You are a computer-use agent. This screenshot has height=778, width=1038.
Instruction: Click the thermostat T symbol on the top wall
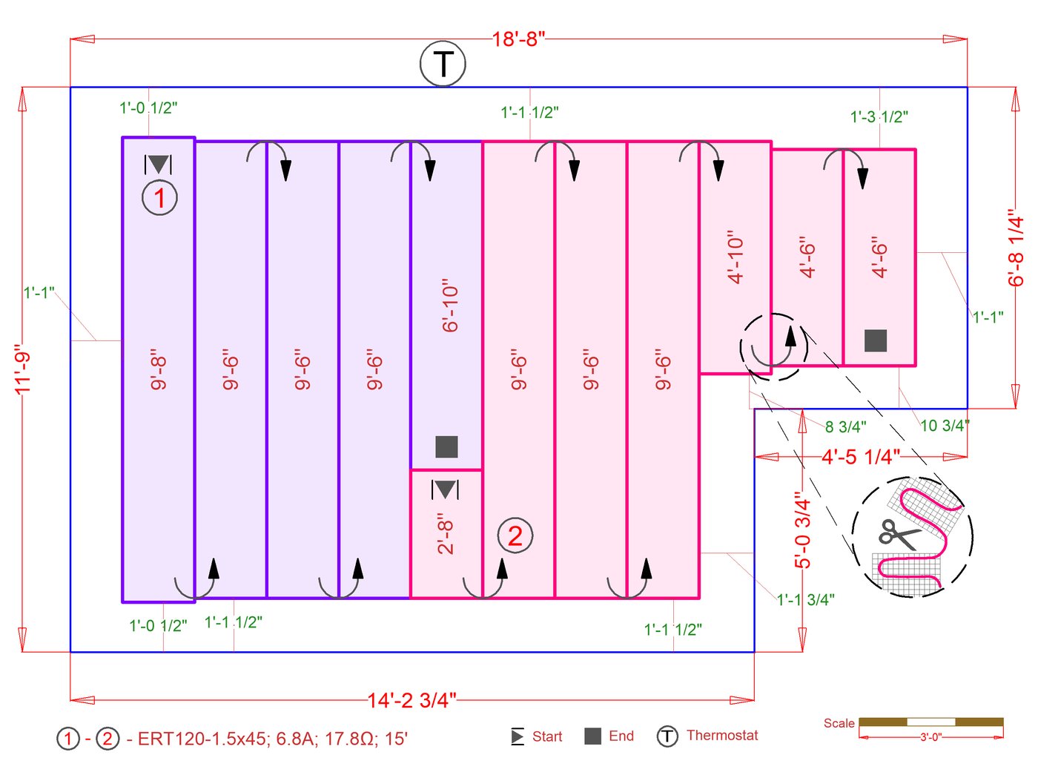click(x=443, y=64)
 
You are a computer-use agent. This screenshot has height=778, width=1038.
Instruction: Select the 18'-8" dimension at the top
click(x=518, y=39)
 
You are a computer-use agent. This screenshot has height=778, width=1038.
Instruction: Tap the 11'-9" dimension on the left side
click(x=23, y=369)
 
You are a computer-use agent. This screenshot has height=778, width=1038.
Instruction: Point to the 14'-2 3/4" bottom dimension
click(x=411, y=699)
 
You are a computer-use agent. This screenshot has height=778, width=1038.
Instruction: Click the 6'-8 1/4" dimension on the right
click(x=1016, y=248)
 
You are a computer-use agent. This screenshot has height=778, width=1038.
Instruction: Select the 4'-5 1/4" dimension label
click(x=860, y=457)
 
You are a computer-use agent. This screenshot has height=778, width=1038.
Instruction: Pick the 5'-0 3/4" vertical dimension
click(x=803, y=530)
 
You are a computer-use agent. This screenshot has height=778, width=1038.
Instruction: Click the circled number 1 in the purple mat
click(x=159, y=198)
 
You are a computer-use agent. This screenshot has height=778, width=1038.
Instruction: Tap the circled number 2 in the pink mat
click(x=515, y=535)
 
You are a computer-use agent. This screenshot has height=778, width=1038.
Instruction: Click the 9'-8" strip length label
click(x=159, y=369)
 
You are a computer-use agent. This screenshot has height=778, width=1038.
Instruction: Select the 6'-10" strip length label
click(x=450, y=306)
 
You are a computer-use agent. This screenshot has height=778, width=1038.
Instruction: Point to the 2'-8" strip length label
click(x=445, y=533)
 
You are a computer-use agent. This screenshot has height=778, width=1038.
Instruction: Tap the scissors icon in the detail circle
click(x=898, y=534)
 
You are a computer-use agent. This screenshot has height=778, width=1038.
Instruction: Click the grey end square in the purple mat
click(x=446, y=446)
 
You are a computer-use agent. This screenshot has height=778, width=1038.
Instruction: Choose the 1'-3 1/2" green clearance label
click(x=879, y=116)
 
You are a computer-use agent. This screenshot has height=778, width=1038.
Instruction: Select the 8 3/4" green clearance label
click(x=845, y=427)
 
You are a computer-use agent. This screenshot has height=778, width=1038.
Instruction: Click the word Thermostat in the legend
click(x=722, y=735)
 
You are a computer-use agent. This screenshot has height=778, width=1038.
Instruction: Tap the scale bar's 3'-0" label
click(x=930, y=737)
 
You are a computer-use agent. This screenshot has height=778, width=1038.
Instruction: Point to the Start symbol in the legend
click(x=518, y=736)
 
